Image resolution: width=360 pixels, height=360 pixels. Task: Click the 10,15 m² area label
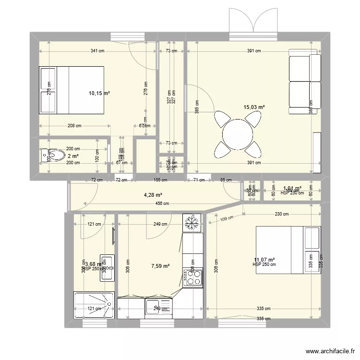pos(99,94)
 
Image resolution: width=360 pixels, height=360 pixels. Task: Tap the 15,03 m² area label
pos(254,108)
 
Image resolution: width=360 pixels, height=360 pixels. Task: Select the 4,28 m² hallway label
pos(153,195)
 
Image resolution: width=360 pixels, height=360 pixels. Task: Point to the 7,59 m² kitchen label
pos(160,265)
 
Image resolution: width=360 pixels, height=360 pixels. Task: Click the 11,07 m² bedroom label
pos(265,260)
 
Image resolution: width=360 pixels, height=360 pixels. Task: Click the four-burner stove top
pos(192,278)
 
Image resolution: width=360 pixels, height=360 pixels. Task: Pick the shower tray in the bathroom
pos(94,303)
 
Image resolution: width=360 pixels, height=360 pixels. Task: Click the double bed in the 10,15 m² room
pos(72,90)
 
